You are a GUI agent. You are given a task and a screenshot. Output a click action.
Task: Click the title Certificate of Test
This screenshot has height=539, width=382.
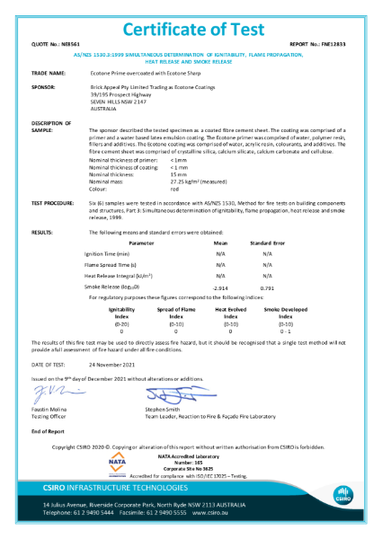click(x=191, y=16)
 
